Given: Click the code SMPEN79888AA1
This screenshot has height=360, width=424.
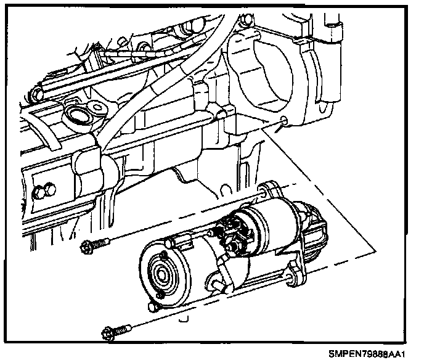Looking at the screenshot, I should point(368,353).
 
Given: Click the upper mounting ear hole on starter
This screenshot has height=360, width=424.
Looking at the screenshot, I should point(266,192).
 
